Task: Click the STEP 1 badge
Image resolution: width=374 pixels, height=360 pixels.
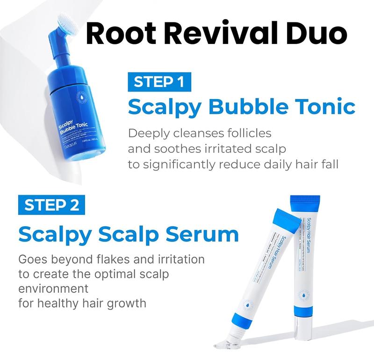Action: (x=158, y=82)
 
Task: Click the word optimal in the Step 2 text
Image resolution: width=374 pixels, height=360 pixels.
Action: (x=117, y=274)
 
